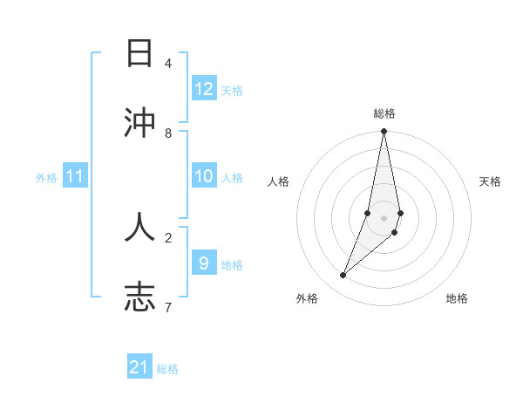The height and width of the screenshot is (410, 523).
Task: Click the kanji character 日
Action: pyautogui.click(x=140, y=55)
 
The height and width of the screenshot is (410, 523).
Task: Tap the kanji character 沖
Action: pyautogui.click(x=140, y=123)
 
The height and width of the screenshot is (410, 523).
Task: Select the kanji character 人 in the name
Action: pyautogui.click(x=140, y=226)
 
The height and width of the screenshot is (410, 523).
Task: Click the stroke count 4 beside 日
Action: pyautogui.click(x=168, y=64)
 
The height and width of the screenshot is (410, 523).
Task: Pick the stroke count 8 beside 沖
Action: pyautogui.click(x=168, y=133)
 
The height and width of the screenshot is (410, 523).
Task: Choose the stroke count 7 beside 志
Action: pyautogui.click(x=168, y=306)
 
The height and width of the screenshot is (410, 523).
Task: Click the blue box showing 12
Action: pyautogui.click(x=203, y=89)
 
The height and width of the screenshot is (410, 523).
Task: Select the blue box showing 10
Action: pyautogui.click(x=203, y=176)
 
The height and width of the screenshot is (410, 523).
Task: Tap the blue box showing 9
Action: pyautogui.click(x=203, y=262)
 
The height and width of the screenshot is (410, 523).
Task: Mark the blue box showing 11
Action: pyautogui.click(x=74, y=176)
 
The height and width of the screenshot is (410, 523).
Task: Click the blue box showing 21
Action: pyautogui.click(x=139, y=367)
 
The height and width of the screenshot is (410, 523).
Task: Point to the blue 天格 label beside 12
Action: pyautogui.click(x=231, y=91)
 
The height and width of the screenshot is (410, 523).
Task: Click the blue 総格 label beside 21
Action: pyautogui.click(x=167, y=369)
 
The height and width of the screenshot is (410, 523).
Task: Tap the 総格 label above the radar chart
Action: pyautogui.click(x=384, y=113)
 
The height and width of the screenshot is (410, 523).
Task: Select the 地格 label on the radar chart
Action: pyautogui.click(x=457, y=298)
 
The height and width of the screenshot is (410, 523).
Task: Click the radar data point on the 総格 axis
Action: pyautogui.click(x=384, y=132)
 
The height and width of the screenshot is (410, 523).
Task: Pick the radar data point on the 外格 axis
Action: pyautogui.click(x=343, y=276)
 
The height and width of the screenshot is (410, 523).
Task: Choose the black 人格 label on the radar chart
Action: pyautogui.click(x=278, y=181)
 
